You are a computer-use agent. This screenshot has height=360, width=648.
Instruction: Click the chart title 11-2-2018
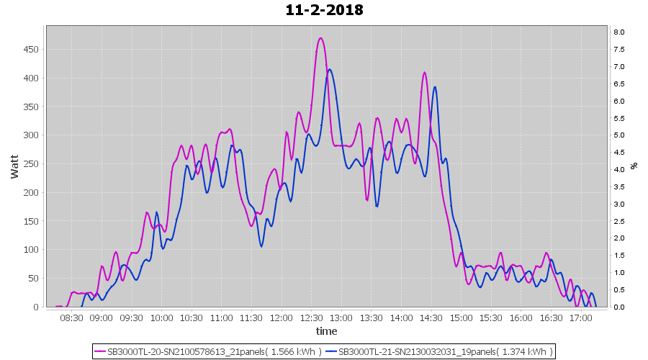coord(324,10)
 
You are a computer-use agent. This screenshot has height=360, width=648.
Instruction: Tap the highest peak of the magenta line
coord(320,38)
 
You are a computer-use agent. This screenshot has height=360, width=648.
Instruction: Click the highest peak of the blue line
coord(330,70)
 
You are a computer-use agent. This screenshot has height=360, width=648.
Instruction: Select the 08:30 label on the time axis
coord(71,317)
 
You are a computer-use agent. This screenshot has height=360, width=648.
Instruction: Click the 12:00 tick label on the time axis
coord(281,317)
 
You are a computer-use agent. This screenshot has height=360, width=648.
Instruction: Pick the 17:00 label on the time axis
coord(580,317)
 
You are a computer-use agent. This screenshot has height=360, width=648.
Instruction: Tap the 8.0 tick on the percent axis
coord(618,32)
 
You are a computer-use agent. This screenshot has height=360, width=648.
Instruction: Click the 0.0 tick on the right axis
coord(618,307)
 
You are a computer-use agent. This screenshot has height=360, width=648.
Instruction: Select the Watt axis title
coord(14,165)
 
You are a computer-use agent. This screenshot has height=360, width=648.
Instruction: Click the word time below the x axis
coord(326,331)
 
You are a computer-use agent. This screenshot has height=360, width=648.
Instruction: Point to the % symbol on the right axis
coord(634,165)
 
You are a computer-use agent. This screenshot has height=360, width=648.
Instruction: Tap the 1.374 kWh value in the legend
coord(528,352)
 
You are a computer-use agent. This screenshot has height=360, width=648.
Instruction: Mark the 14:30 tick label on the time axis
coord(431,317)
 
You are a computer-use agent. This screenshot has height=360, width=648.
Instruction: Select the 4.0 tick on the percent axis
coord(618,169)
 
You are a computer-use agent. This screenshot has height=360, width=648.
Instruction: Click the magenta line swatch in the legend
coord(100,352)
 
